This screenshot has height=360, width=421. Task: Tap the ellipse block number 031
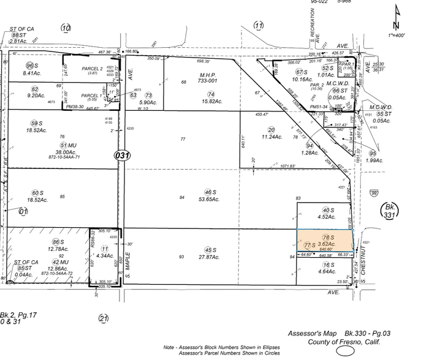click(x=122, y=156)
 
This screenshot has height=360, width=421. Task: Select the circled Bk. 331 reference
click(x=389, y=211)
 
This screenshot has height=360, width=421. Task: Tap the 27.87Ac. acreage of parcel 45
click(x=211, y=257)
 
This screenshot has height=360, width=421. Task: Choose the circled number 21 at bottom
click(x=104, y=318)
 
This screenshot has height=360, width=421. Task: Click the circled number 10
click(x=66, y=28)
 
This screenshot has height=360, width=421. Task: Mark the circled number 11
click(x=259, y=26)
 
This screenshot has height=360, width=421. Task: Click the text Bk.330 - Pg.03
click(x=361, y=333)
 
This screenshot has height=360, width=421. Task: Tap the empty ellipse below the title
click(x=345, y=352)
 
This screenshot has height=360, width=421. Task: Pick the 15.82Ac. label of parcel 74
click(x=211, y=102)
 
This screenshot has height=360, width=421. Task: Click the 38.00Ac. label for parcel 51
click(x=63, y=153)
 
